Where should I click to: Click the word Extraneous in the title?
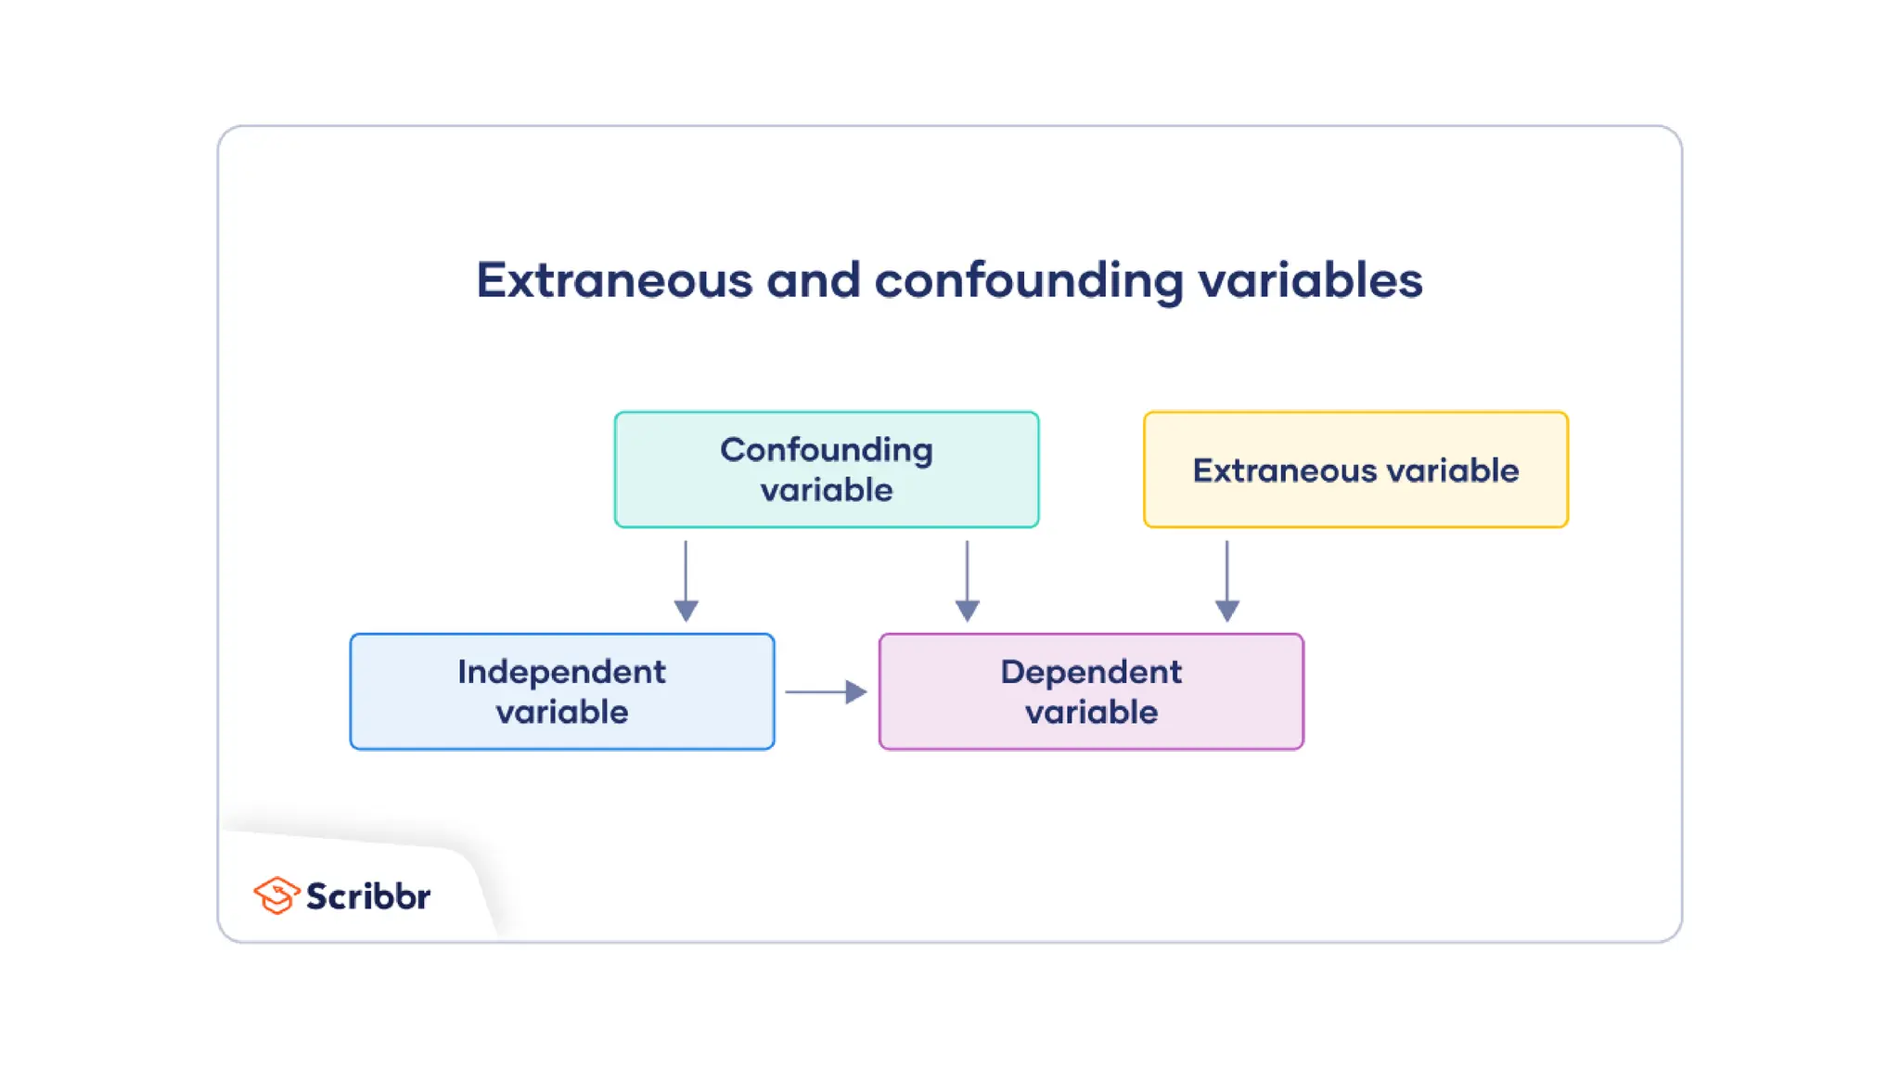click(614, 280)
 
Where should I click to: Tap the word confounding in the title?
click(1028, 280)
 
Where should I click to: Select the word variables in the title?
click(1310, 280)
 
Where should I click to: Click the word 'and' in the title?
click(813, 280)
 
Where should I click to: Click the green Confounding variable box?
click(827, 470)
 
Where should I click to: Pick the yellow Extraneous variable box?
click(1355, 470)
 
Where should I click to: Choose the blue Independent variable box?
click(561, 691)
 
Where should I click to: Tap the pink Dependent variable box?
click(1091, 691)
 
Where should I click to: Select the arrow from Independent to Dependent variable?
click(825, 692)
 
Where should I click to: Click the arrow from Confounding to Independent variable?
click(686, 580)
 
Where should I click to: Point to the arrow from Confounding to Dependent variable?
click(967, 580)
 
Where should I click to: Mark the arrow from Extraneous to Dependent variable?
click(1226, 580)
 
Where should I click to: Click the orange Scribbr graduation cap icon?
click(276, 895)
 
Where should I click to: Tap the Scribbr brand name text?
click(368, 896)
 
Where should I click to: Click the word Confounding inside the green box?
click(827, 450)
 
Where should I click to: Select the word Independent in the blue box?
click(561, 672)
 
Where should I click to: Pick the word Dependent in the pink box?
click(1091, 672)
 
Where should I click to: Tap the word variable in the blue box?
click(561, 713)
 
